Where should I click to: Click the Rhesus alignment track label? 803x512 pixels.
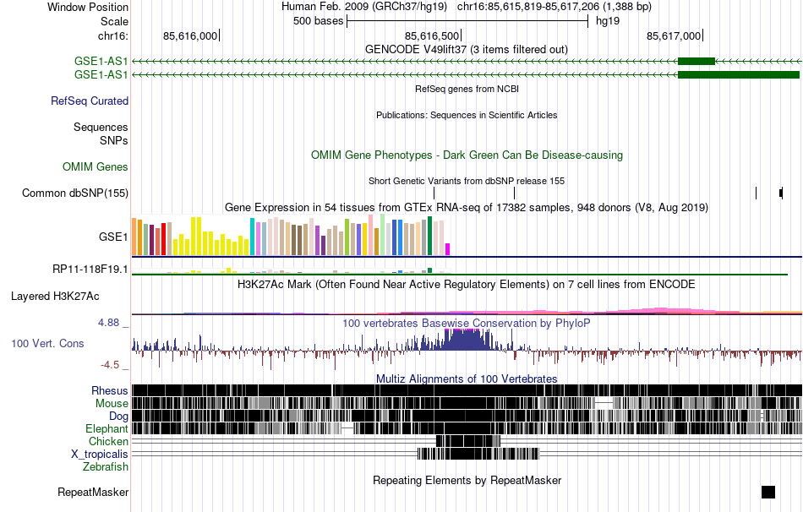[x=109, y=391]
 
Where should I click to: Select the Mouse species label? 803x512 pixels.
[x=111, y=404]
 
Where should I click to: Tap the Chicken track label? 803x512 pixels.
[x=108, y=442]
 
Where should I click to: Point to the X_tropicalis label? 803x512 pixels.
[x=100, y=455]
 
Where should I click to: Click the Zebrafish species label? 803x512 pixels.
[x=106, y=466]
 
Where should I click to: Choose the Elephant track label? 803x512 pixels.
[x=107, y=429]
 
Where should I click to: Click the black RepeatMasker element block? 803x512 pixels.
[x=767, y=493]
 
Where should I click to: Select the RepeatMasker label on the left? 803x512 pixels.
[x=93, y=493]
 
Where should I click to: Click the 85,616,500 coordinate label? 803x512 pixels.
[x=433, y=35]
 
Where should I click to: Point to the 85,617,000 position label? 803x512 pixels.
[x=674, y=35]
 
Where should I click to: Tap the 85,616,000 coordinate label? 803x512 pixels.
[x=190, y=35]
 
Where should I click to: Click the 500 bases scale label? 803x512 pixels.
[x=318, y=21]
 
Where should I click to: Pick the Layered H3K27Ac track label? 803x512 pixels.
[x=55, y=297]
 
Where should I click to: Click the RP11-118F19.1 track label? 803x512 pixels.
[x=90, y=270]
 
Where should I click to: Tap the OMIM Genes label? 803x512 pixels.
[x=96, y=167]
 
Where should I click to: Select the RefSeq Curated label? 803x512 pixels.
[x=90, y=101]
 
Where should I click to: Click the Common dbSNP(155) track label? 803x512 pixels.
[x=75, y=193]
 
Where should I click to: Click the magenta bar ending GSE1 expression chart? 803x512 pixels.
[x=448, y=249]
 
